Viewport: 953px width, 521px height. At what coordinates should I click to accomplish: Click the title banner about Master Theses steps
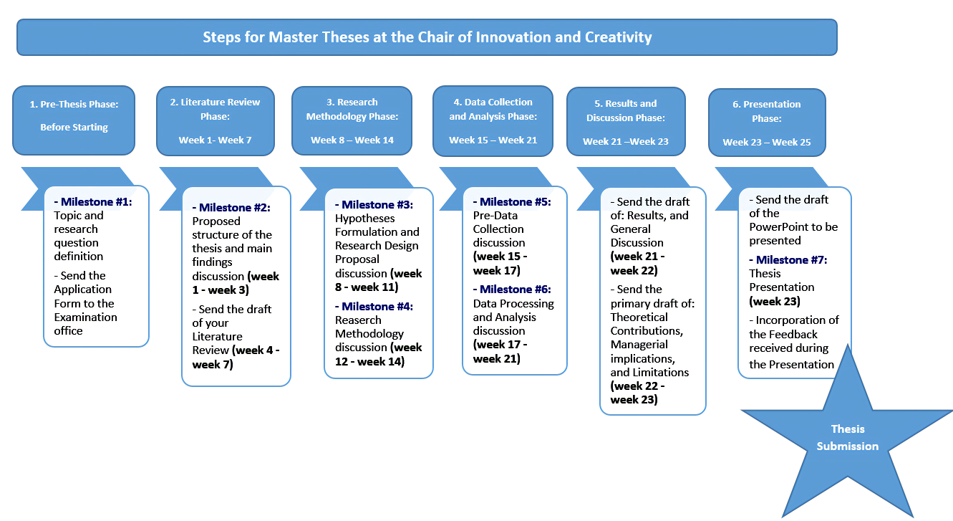pyautogui.click(x=427, y=37)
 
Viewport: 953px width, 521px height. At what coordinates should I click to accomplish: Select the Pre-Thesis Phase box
pyautogui.click(x=74, y=120)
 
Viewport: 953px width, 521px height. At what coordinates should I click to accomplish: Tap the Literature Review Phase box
pyautogui.click(x=216, y=121)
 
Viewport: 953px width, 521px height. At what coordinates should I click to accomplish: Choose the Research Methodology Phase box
pyautogui.click(x=352, y=121)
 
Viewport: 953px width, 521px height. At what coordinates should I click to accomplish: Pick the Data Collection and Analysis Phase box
pyautogui.click(x=493, y=121)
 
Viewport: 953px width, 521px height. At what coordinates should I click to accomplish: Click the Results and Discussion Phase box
pyautogui.click(x=626, y=122)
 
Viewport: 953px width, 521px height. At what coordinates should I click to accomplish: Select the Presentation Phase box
pyautogui.click(x=767, y=123)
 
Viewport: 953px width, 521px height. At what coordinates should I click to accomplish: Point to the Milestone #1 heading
pyautogui.click(x=93, y=202)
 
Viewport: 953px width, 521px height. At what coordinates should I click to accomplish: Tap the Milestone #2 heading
pyautogui.click(x=231, y=208)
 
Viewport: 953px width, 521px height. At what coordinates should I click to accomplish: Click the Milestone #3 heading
pyautogui.click(x=374, y=205)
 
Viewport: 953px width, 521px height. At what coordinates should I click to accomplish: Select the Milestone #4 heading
pyautogui.click(x=374, y=307)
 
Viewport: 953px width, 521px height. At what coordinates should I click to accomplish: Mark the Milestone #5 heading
pyautogui.click(x=512, y=202)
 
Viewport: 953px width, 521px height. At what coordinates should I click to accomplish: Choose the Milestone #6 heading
pyautogui.click(x=512, y=290)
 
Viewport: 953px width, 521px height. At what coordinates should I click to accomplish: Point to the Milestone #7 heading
pyautogui.click(x=788, y=259)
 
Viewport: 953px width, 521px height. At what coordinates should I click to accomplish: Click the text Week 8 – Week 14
pyautogui.click(x=352, y=140)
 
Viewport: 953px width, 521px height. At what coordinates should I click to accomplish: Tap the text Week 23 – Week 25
pyautogui.click(x=767, y=142)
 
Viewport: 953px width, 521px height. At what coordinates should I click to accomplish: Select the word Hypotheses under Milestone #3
pyautogui.click(x=364, y=219)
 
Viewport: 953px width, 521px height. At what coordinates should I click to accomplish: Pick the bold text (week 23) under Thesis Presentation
pyautogui.click(x=775, y=302)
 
